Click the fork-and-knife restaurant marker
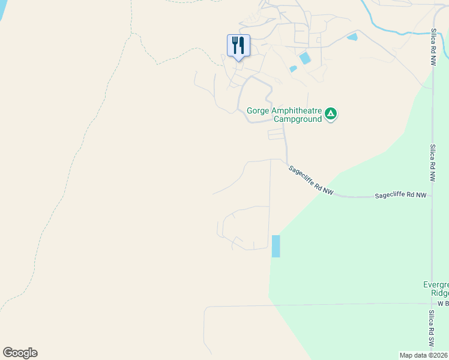tap(238, 46)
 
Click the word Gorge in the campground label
tap(259, 110)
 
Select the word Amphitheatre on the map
tap(297, 110)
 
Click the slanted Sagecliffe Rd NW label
tap(310, 180)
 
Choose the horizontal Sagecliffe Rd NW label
tap(400, 196)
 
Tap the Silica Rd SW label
tap(431, 329)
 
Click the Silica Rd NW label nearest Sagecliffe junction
tap(432, 163)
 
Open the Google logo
tap(20, 353)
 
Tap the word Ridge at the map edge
tap(439, 293)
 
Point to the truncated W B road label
tap(443, 304)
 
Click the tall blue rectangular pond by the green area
tap(276, 246)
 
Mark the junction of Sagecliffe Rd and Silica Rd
tap(432, 196)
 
